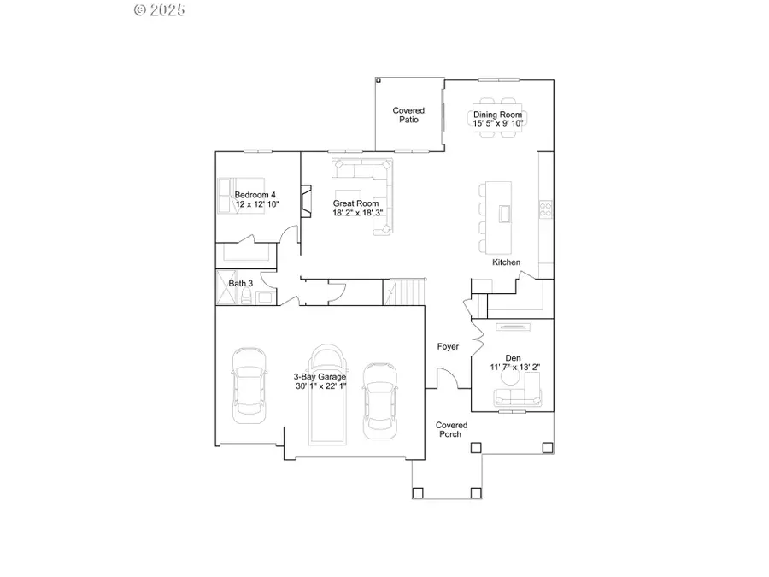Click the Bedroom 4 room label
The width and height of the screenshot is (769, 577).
point(256,195)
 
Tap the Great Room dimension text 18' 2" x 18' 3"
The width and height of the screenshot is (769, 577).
point(357,213)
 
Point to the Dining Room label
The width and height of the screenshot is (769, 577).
point(498,115)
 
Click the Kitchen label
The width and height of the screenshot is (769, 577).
point(506,262)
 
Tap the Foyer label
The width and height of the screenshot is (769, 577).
point(448,347)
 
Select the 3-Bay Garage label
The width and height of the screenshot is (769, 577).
point(320,376)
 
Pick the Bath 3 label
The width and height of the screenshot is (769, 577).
point(240,283)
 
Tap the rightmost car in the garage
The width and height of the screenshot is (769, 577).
point(379,399)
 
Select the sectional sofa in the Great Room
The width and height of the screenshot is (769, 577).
point(376,192)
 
